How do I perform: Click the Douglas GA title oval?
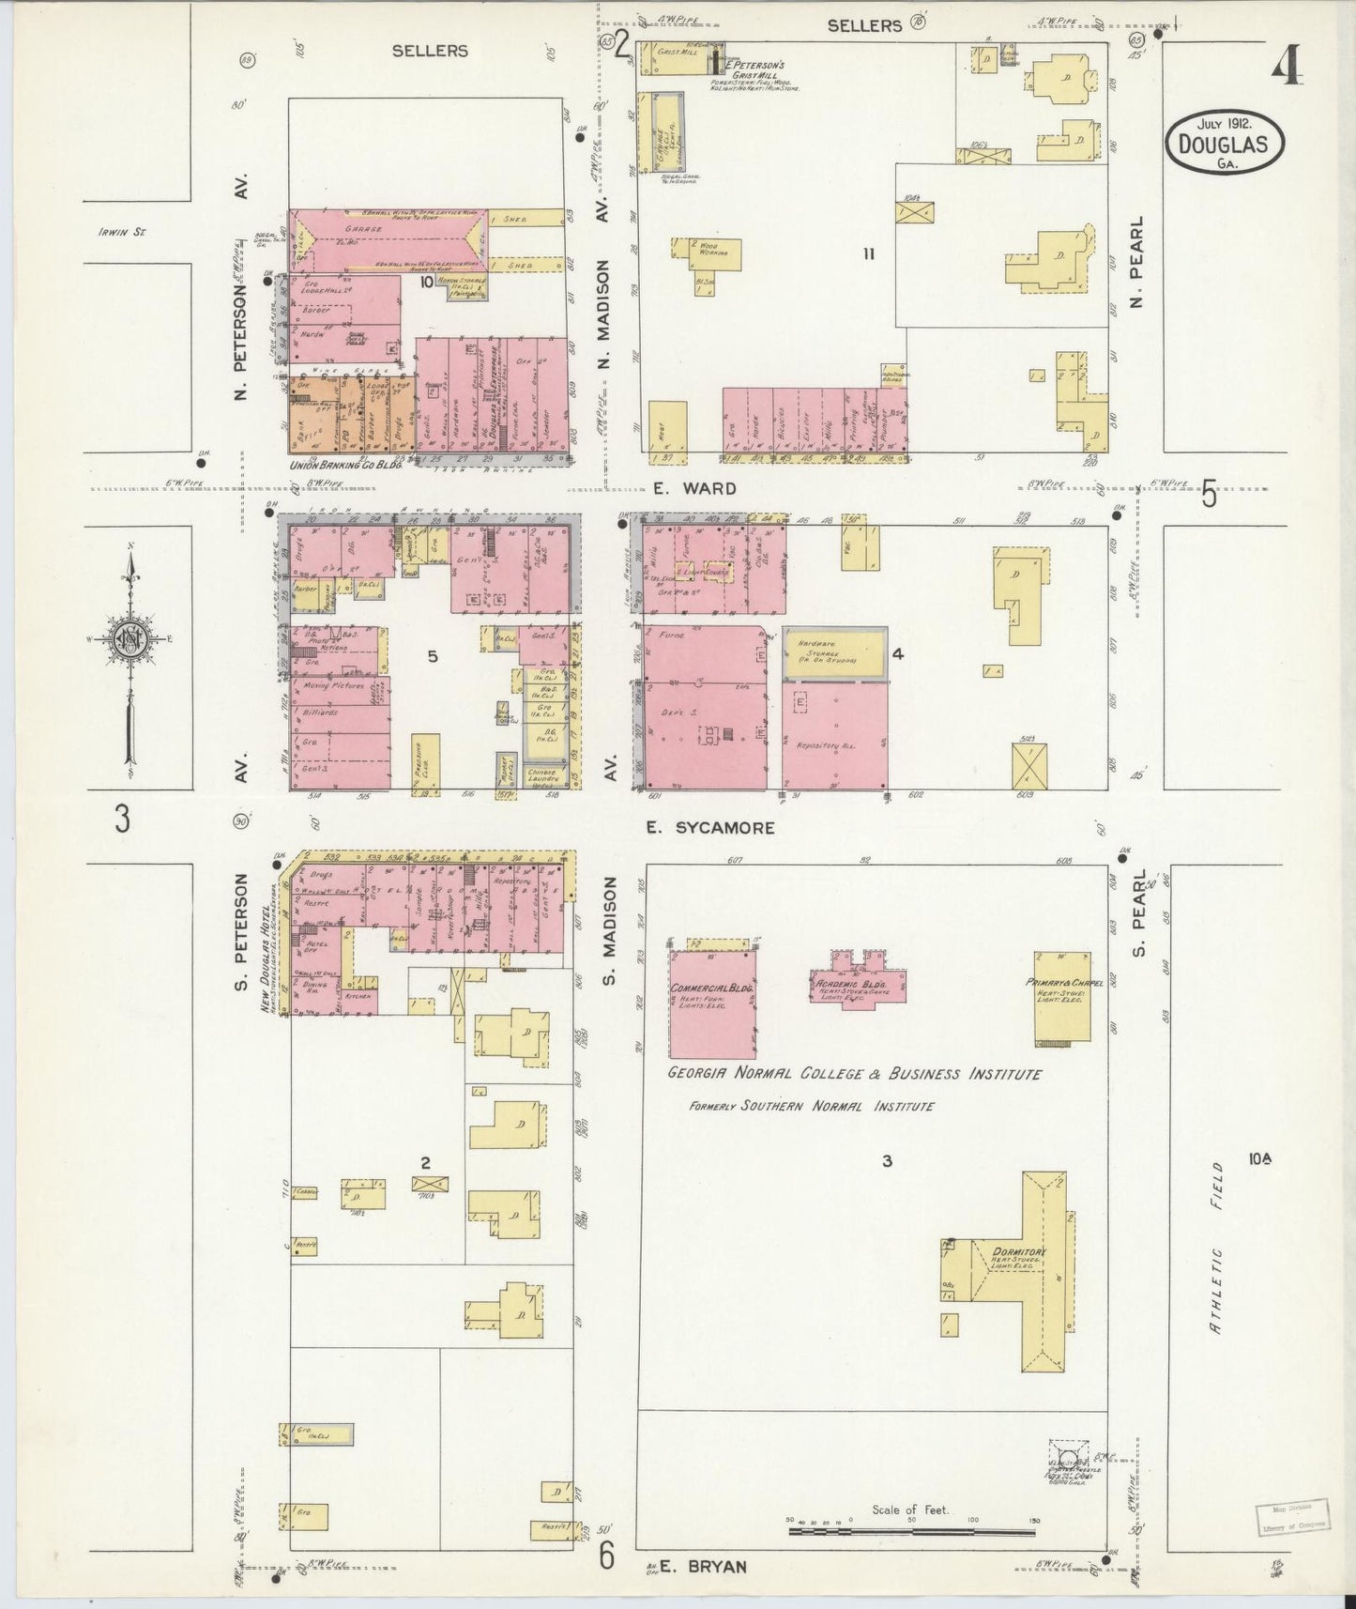[1225, 144]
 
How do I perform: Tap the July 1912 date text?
[1225, 124]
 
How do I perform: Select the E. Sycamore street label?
[710, 828]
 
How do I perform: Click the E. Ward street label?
[695, 488]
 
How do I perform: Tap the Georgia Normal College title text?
[854, 1074]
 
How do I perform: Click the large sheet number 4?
[1287, 64]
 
